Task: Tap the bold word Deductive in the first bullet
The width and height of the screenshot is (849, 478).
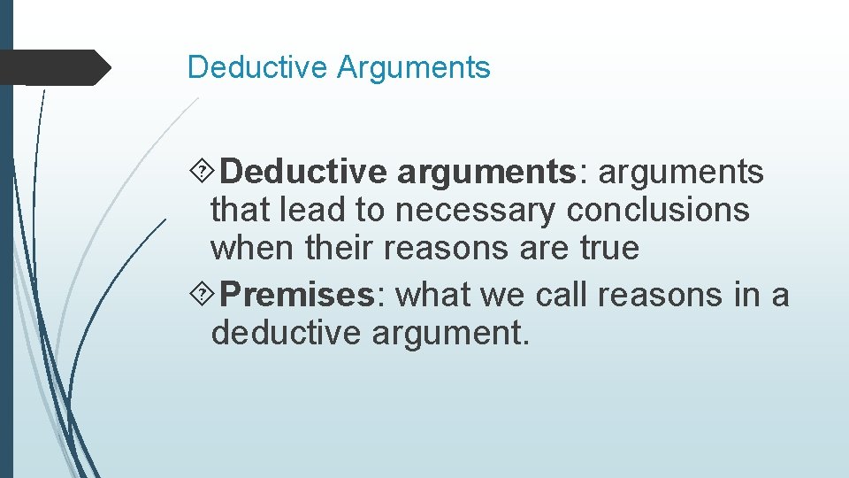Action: pos(304,172)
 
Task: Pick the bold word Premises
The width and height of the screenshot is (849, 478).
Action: pos(298,296)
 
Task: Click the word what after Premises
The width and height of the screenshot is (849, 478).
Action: pos(432,296)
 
